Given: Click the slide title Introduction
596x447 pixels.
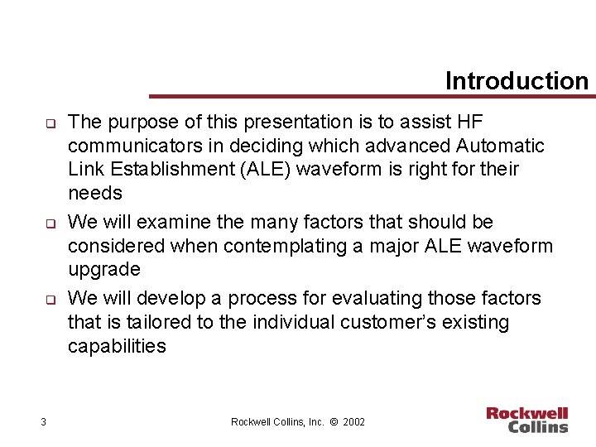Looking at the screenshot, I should point(516,80).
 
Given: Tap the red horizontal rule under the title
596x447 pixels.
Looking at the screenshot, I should point(372,96).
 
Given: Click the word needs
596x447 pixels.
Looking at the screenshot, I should point(94,194).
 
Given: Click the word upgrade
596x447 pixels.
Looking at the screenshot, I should point(103,270).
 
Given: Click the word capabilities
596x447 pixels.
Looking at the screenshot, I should point(117,346).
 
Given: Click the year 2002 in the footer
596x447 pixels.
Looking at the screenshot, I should point(353,422).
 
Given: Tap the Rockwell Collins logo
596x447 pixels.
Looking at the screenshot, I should point(526,420).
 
